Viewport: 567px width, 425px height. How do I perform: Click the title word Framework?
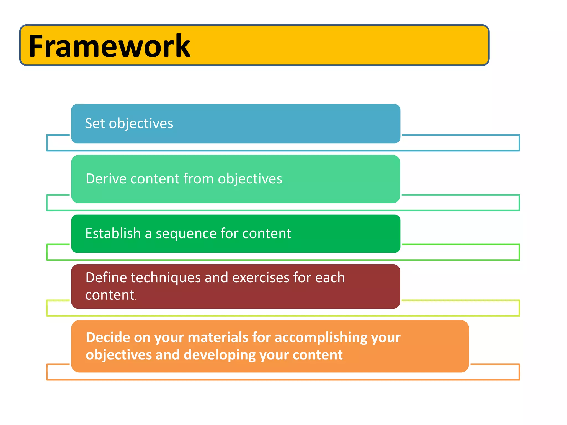(x=109, y=46)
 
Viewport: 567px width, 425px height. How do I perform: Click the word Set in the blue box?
(x=95, y=123)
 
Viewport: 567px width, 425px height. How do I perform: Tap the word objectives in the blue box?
(x=141, y=124)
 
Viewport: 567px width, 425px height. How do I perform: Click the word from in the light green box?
(x=199, y=179)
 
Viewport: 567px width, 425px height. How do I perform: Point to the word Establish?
(x=113, y=233)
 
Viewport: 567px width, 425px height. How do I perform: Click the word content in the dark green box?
(x=267, y=234)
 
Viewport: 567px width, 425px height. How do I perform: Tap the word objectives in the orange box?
(x=118, y=355)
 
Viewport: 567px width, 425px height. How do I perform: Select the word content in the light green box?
(x=155, y=179)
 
